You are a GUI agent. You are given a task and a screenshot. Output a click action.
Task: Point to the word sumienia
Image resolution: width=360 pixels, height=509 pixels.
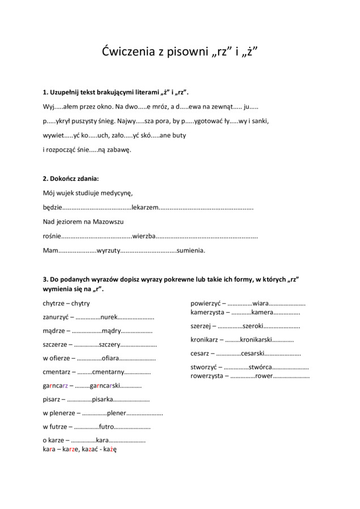coord(191,250)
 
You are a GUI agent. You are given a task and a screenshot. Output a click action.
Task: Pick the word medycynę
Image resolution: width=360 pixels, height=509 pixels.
coord(117,193)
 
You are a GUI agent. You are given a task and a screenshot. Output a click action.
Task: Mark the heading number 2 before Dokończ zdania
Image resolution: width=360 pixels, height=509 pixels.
coord(46,179)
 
